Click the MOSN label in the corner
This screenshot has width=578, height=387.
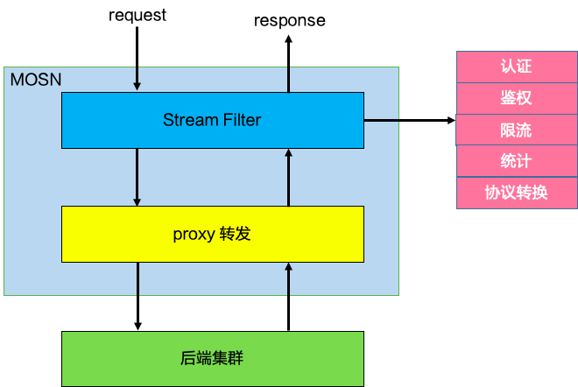click(35, 80)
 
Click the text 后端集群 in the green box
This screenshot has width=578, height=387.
click(212, 358)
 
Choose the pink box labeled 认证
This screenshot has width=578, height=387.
click(516, 67)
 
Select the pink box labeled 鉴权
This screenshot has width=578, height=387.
click(516, 98)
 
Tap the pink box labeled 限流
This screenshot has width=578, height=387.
click(516, 130)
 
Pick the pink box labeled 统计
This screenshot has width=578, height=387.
click(516, 161)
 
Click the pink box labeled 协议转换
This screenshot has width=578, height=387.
click(516, 193)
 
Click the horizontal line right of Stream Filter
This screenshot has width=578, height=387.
click(381, 120)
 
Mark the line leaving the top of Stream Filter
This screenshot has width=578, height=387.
click(288, 79)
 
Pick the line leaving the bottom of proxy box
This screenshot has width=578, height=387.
click(137, 278)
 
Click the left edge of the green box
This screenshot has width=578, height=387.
click(62, 358)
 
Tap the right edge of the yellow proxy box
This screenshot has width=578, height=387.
click(363, 234)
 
